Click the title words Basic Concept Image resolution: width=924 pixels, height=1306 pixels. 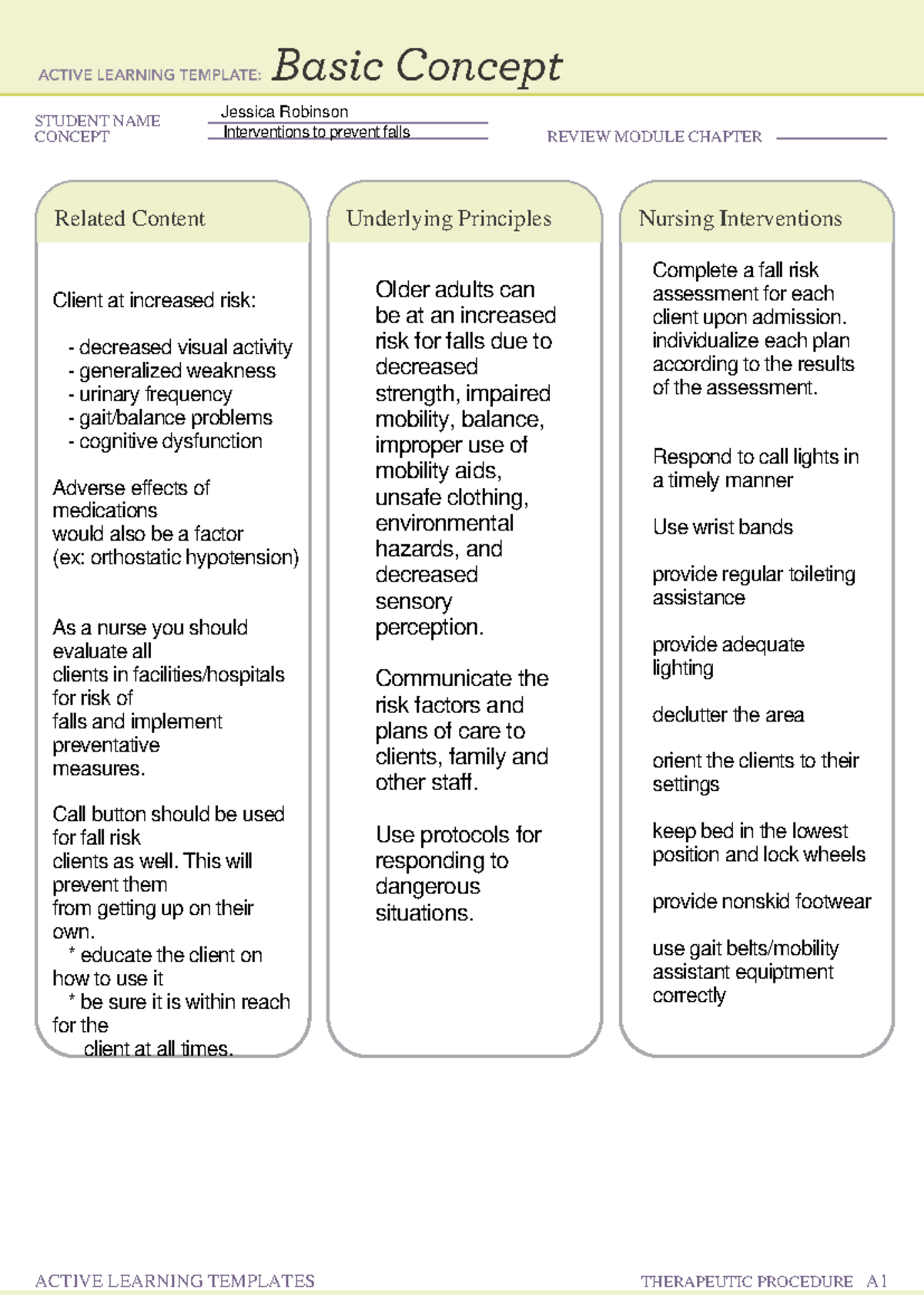(x=417, y=66)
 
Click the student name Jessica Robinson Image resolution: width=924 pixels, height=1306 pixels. (x=284, y=112)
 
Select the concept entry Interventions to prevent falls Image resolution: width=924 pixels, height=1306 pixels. (x=316, y=132)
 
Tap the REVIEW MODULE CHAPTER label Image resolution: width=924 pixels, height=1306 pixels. (x=654, y=137)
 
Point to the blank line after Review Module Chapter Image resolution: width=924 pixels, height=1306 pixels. (x=832, y=138)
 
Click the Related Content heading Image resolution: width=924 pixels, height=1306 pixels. (x=129, y=219)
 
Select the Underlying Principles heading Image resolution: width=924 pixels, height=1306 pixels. (x=448, y=219)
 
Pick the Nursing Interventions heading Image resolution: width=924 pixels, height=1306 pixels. (x=740, y=219)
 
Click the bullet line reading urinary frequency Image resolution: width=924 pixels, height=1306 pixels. (x=151, y=394)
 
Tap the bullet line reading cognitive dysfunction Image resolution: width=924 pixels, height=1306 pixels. (x=166, y=441)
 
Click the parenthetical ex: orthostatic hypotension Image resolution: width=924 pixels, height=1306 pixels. (x=176, y=558)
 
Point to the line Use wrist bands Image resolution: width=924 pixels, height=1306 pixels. (x=722, y=527)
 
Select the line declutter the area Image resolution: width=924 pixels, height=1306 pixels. (x=728, y=715)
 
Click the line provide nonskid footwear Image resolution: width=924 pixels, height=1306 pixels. (x=762, y=902)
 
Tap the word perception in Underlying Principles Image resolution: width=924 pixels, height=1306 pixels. (x=429, y=628)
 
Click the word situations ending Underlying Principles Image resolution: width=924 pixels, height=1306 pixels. (x=423, y=913)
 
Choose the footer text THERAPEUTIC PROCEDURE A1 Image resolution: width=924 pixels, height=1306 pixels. (x=764, y=1281)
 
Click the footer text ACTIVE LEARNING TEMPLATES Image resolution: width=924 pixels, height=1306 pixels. (x=175, y=1281)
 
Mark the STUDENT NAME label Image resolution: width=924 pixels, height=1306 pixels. (x=97, y=121)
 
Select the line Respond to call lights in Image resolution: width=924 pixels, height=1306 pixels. (x=755, y=457)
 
